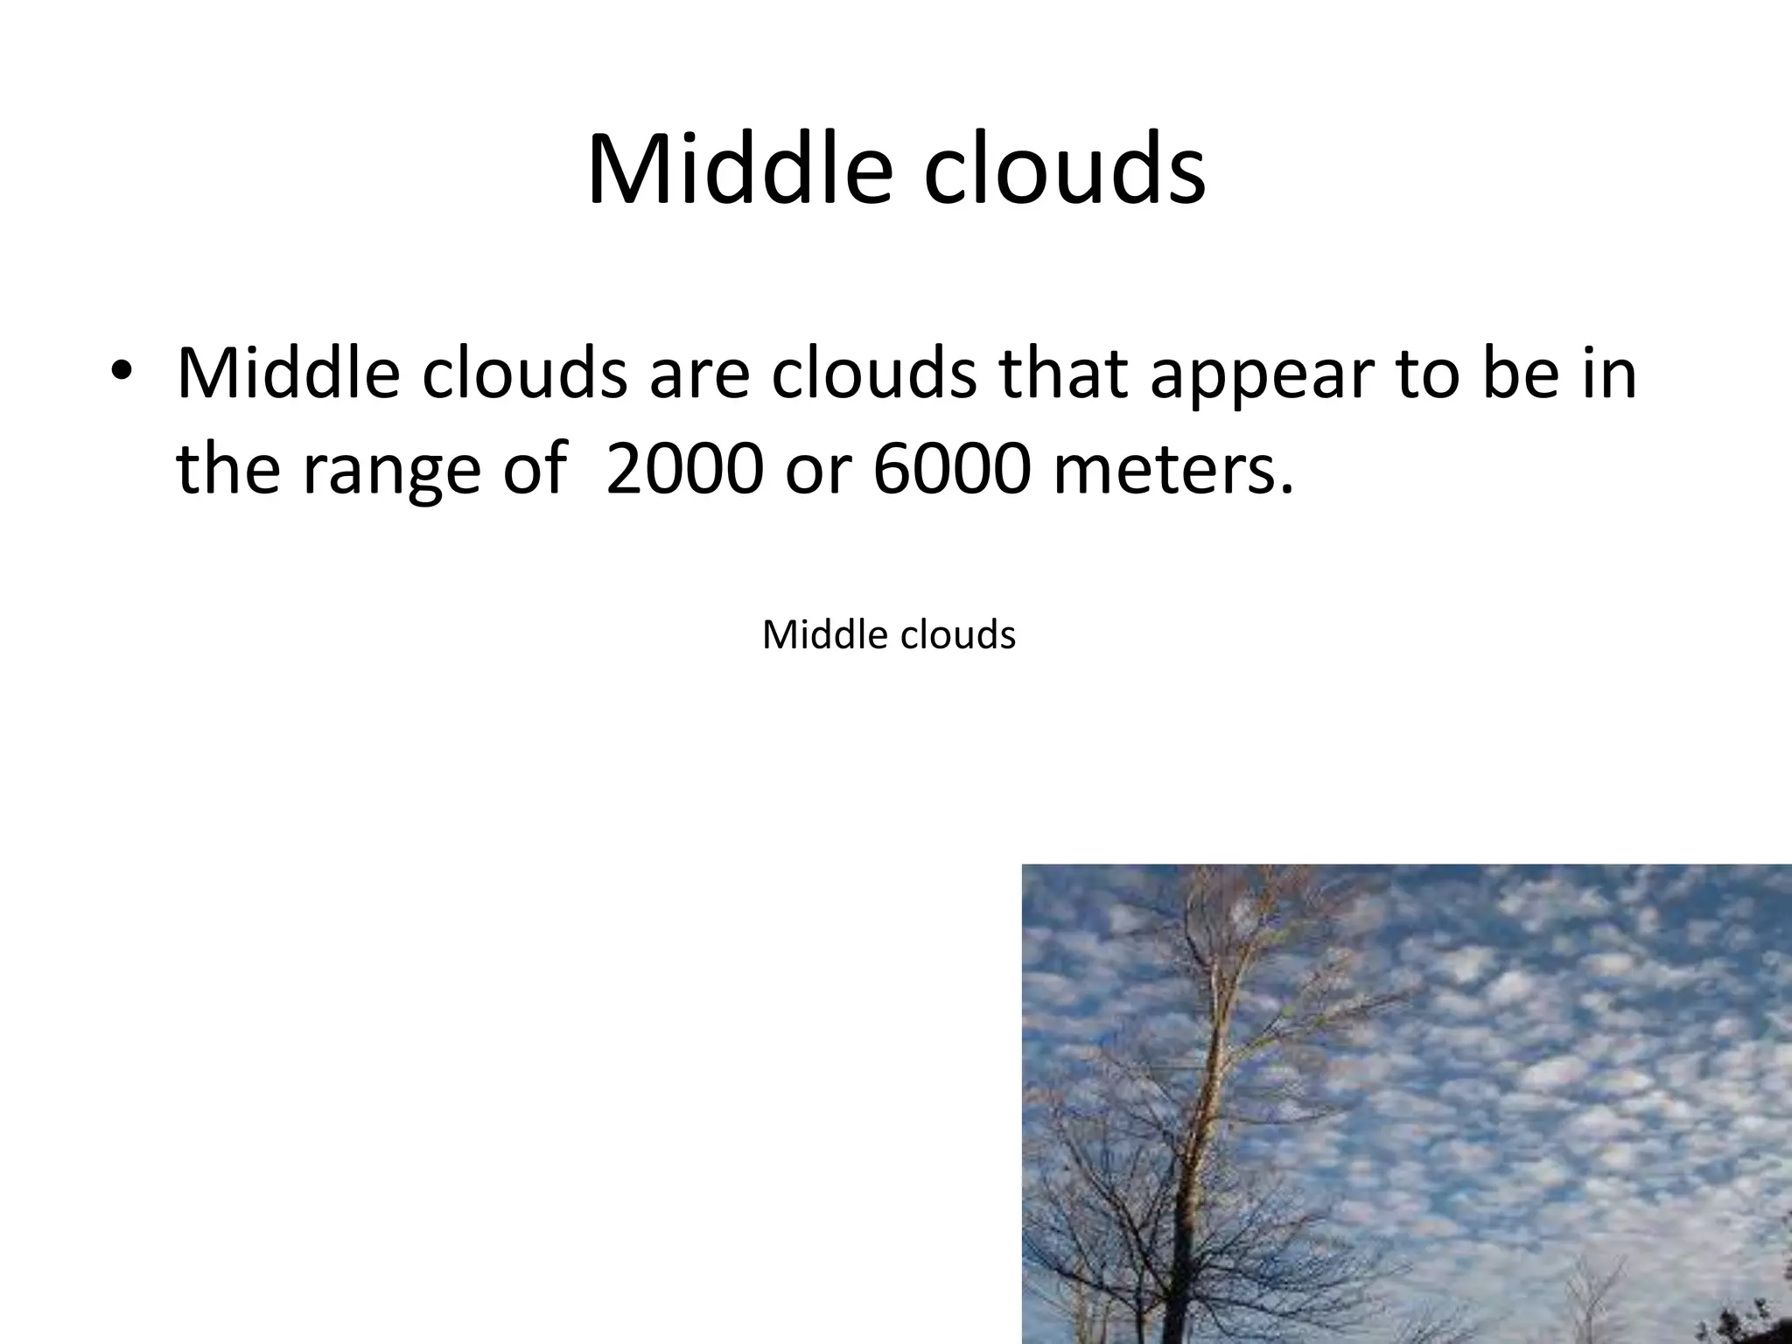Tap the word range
tap(391, 470)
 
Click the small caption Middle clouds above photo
tap(888, 634)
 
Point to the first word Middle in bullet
tap(289, 373)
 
